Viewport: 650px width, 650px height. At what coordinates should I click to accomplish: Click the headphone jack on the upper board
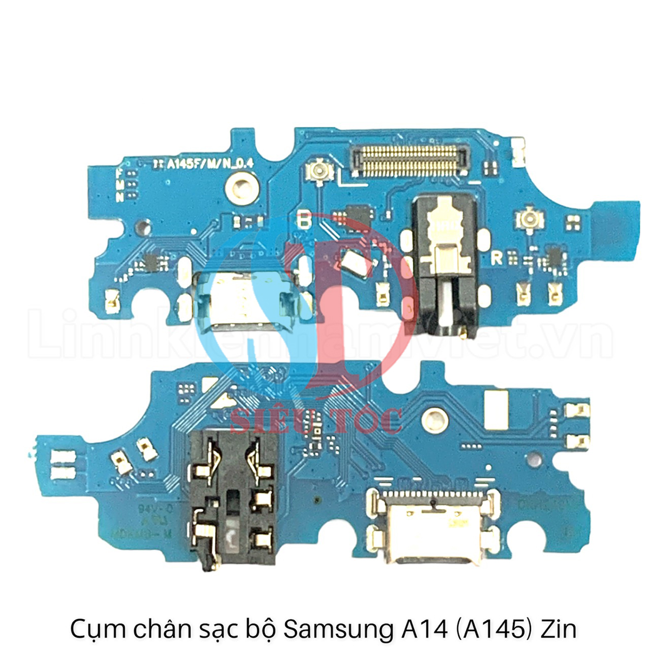coord(445,265)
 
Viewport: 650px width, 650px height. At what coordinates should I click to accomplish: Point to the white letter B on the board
coord(305,222)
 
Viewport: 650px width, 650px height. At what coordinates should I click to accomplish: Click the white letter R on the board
coord(496,258)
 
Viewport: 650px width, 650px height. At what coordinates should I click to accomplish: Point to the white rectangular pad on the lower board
coord(497,407)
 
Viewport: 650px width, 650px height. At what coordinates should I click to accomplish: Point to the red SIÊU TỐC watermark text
coord(316,421)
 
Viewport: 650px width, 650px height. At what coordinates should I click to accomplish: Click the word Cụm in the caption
coord(97,630)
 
